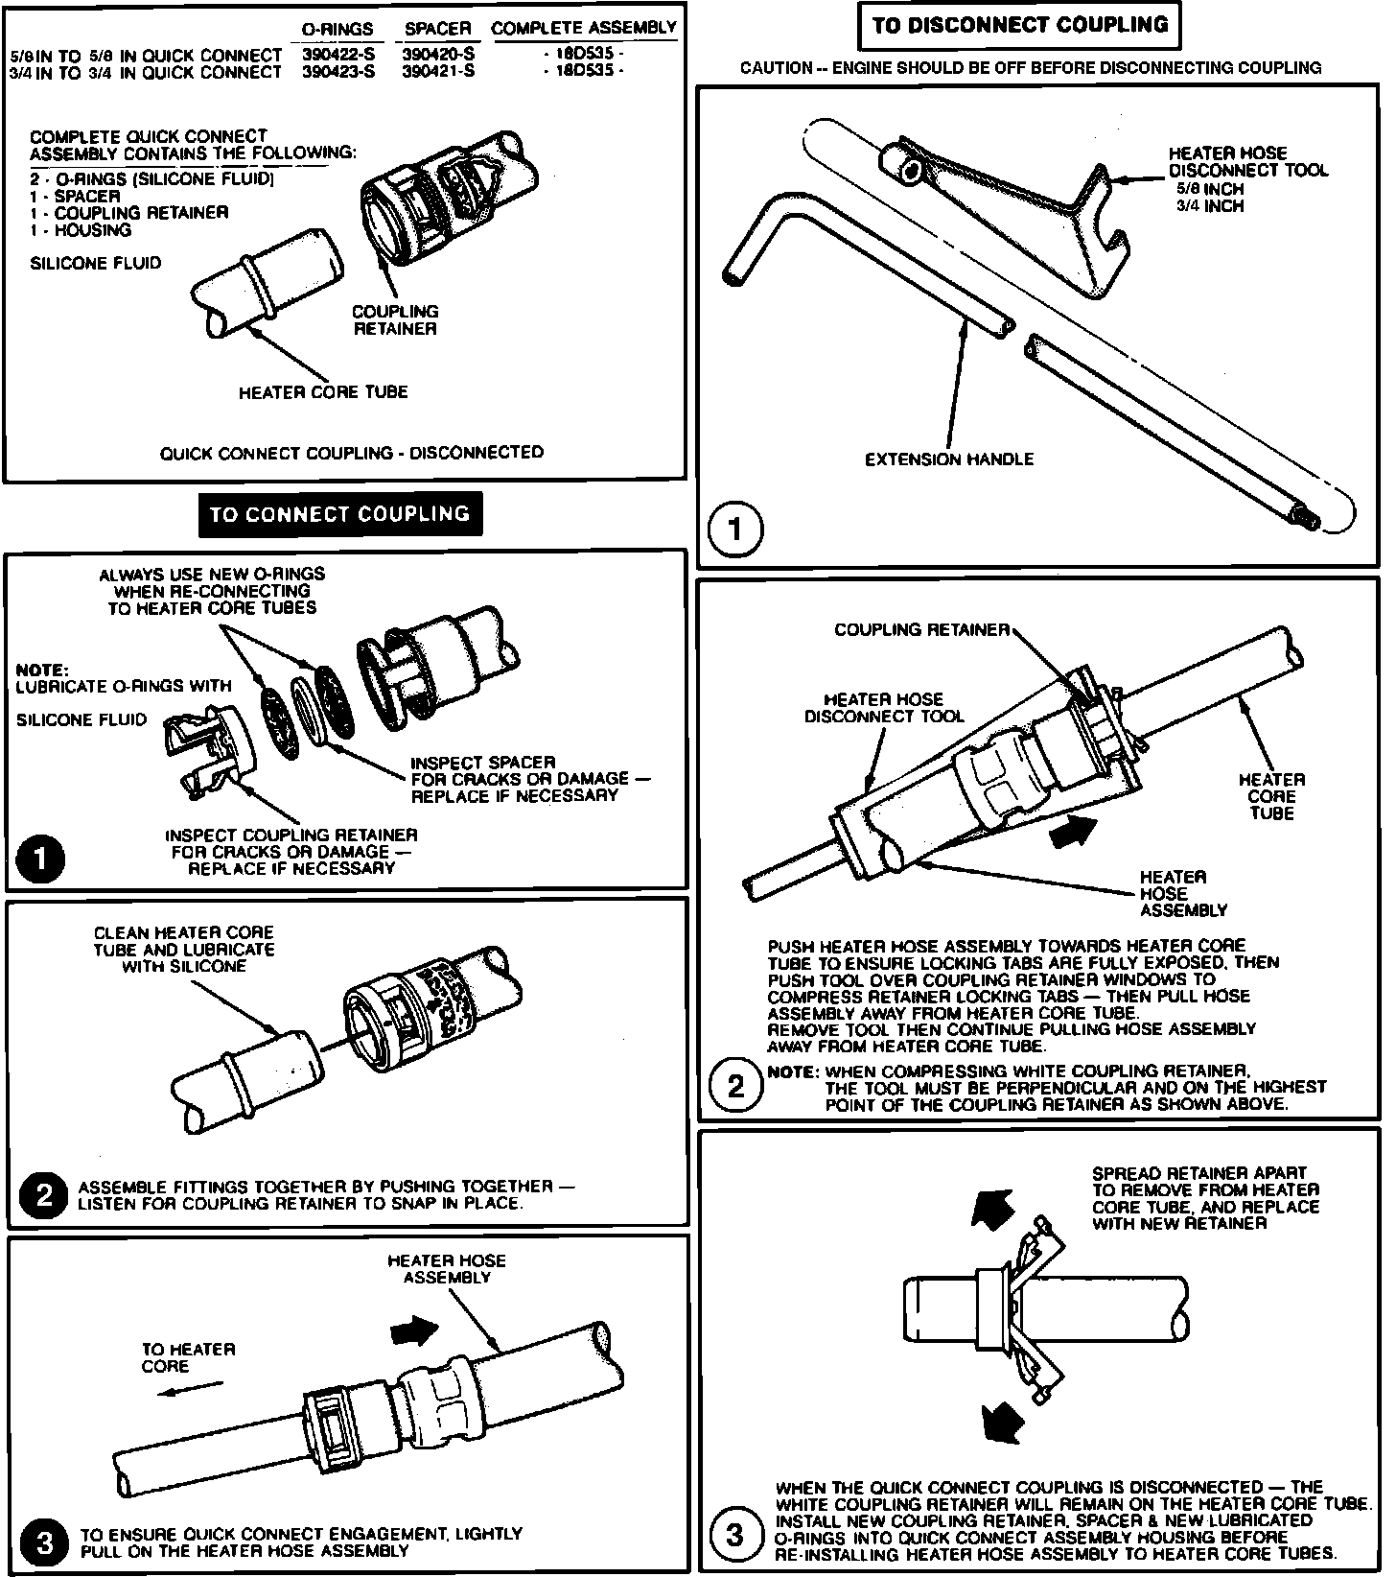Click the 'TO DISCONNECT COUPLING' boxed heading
click(x=1020, y=25)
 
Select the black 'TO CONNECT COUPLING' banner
click(x=339, y=514)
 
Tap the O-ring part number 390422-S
click(x=338, y=55)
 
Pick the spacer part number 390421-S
click(x=438, y=71)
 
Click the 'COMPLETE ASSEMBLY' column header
click(x=584, y=28)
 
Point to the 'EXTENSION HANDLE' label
click(x=949, y=459)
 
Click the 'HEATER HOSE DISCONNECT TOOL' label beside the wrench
click(x=1247, y=162)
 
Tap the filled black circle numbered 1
click(x=40, y=859)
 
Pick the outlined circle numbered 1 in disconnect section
click(x=734, y=529)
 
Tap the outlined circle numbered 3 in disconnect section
click(x=734, y=1536)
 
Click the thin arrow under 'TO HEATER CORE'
click(x=190, y=1389)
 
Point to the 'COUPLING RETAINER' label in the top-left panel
click(x=395, y=320)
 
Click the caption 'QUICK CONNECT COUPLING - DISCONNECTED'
click(x=351, y=453)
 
